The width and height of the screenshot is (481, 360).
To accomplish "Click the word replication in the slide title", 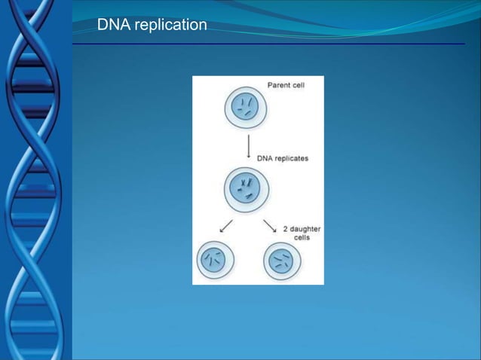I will pyautogui.click(x=170, y=26).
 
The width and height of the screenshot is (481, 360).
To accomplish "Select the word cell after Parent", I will pyautogui.click(x=298, y=84).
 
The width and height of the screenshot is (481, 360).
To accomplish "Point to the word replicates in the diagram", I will pyautogui.click(x=291, y=159).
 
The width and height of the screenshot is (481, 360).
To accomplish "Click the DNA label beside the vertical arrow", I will pyautogui.click(x=265, y=159).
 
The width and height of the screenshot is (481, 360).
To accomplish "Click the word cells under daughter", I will pyautogui.click(x=302, y=237).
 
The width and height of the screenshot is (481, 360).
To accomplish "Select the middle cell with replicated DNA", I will pyautogui.click(x=247, y=188).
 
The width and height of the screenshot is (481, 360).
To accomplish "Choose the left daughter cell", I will pyautogui.click(x=215, y=261).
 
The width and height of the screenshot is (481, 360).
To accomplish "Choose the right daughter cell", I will pyautogui.click(x=282, y=262).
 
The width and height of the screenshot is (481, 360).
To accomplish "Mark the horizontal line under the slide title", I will pyautogui.click(x=268, y=44).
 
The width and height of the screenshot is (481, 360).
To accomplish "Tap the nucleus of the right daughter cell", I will pyautogui.click(x=282, y=262).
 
